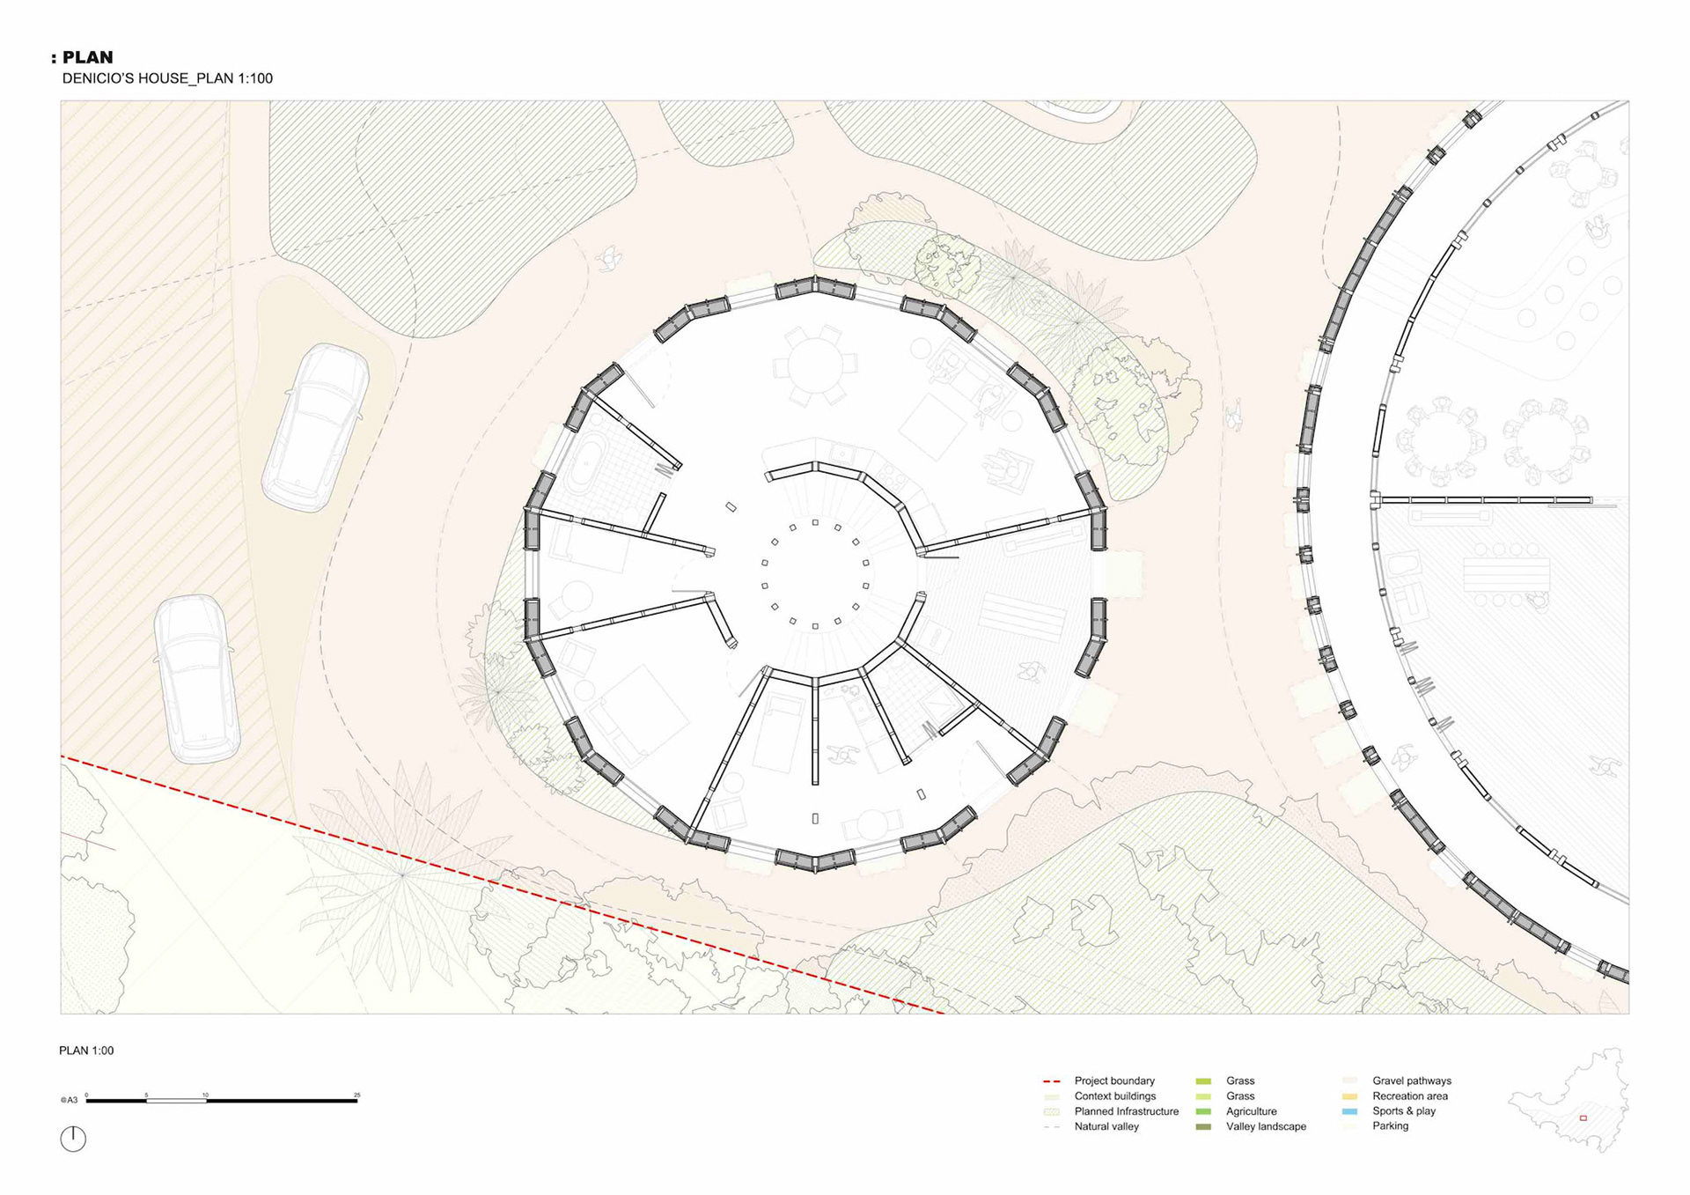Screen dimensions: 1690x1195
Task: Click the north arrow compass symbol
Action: point(73,1139)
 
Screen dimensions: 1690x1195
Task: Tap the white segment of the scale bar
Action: point(176,1100)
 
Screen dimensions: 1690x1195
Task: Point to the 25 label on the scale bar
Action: point(356,1095)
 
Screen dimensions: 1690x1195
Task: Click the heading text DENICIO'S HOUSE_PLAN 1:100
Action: point(167,78)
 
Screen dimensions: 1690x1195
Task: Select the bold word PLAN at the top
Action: point(87,57)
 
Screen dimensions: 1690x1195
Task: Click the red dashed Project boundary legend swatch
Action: point(1051,1081)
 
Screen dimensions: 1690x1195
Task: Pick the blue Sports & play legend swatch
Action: point(1349,1111)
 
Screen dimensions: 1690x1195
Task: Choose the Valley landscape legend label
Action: point(1266,1126)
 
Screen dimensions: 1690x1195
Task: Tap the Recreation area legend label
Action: point(1409,1096)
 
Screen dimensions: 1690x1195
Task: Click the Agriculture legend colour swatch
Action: point(1203,1111)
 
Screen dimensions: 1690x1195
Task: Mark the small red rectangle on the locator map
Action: point(1583,1118)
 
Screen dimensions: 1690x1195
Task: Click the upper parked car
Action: point(315,427)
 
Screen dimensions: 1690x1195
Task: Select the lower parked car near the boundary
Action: point(196,678)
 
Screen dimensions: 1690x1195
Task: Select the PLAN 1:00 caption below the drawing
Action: point(86,1051)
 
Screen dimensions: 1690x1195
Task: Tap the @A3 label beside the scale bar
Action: point(69,1100)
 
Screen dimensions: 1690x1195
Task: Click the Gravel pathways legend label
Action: point(1412,1081)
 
